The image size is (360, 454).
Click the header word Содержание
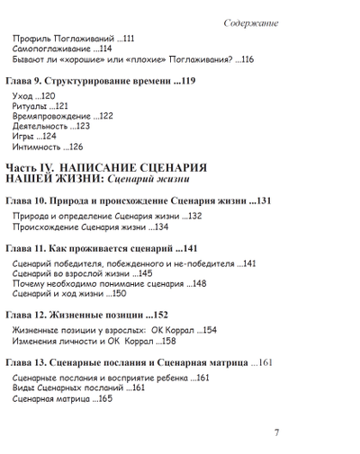251,22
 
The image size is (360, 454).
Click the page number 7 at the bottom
276,432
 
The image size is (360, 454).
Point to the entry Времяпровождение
54,116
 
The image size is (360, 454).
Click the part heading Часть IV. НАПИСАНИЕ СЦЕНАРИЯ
106,168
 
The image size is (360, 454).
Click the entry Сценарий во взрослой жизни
68,273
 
